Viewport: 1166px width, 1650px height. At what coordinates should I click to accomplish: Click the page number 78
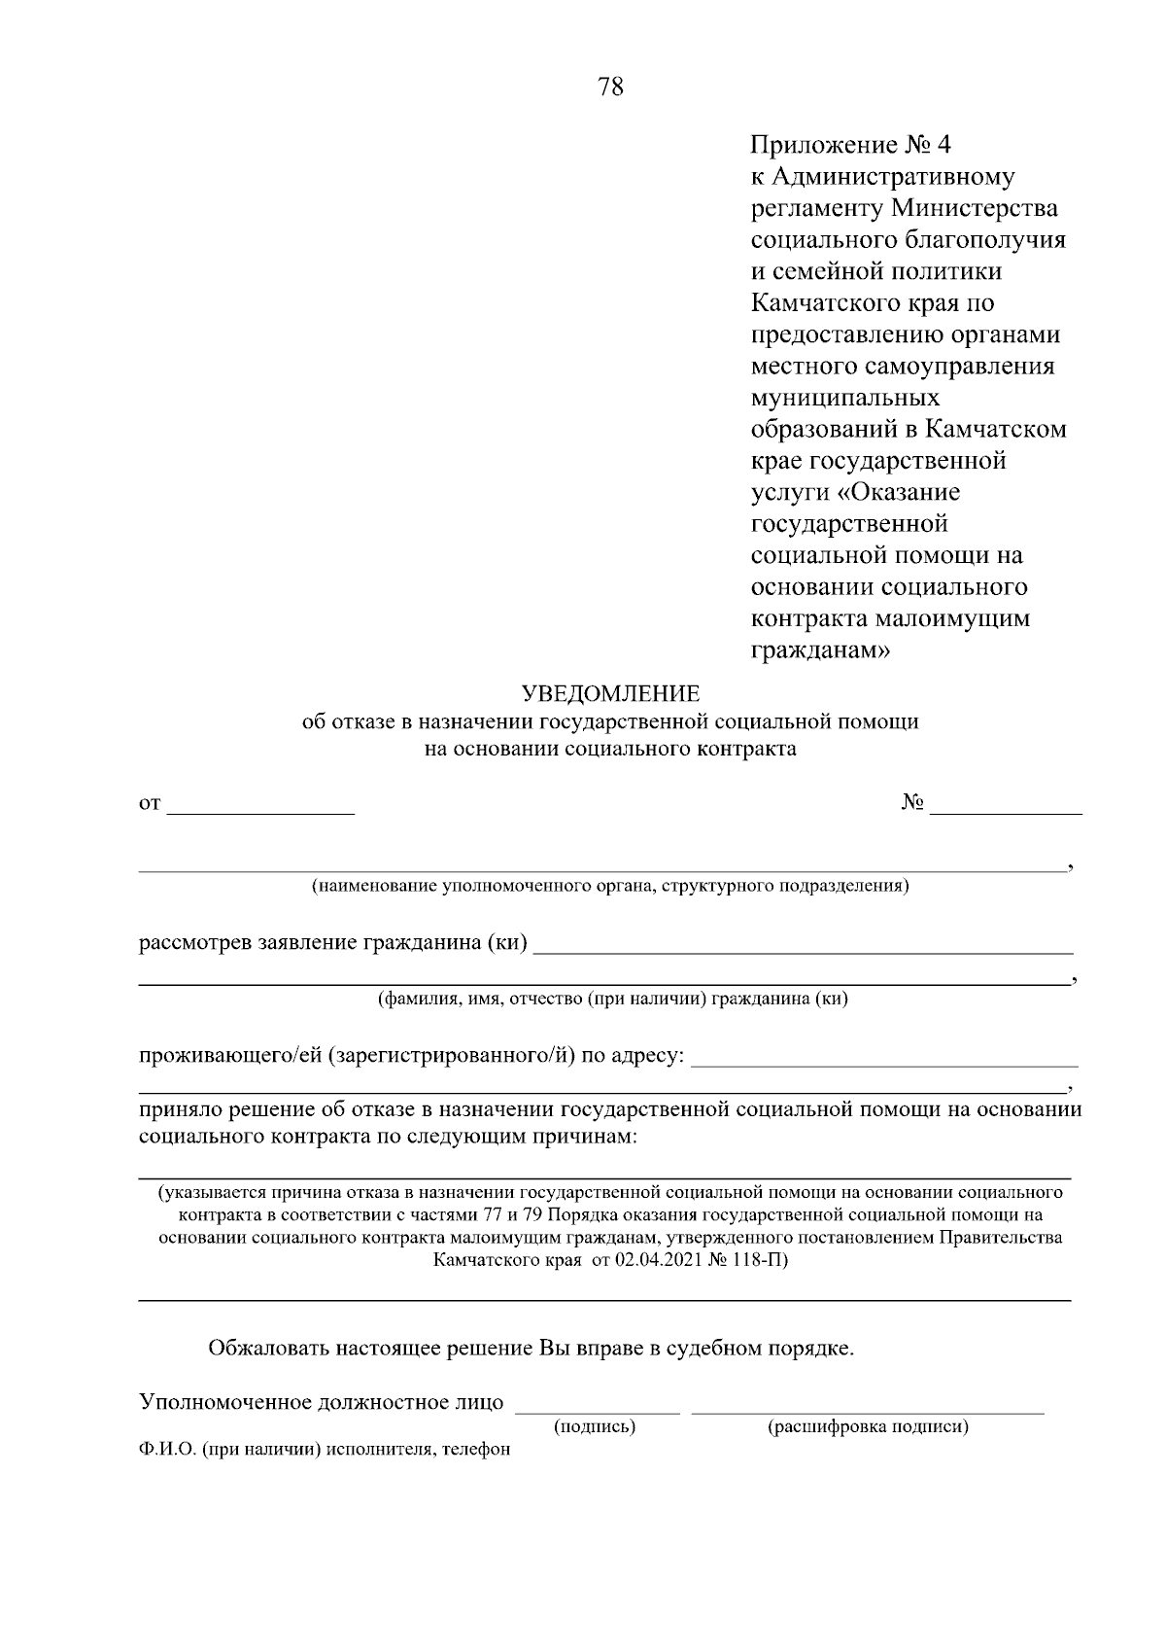point(610,87)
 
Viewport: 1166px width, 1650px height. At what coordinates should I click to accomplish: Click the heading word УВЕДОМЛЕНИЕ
point(610,694)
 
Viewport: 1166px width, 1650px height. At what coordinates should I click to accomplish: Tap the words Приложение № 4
point(852,146)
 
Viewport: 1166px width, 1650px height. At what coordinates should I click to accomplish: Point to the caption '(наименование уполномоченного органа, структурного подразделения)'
point(610,886)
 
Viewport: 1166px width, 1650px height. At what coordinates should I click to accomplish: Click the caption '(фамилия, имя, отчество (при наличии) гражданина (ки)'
point(613,999)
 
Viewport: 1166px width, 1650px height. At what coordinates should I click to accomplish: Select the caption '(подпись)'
point(595,1427)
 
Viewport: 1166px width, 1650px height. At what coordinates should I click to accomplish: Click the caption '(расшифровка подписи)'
point(868,1427)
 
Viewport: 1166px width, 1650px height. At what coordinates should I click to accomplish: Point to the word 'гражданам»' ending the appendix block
point(820,649)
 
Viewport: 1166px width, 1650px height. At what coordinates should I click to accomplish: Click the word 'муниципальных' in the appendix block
point(846,398)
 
